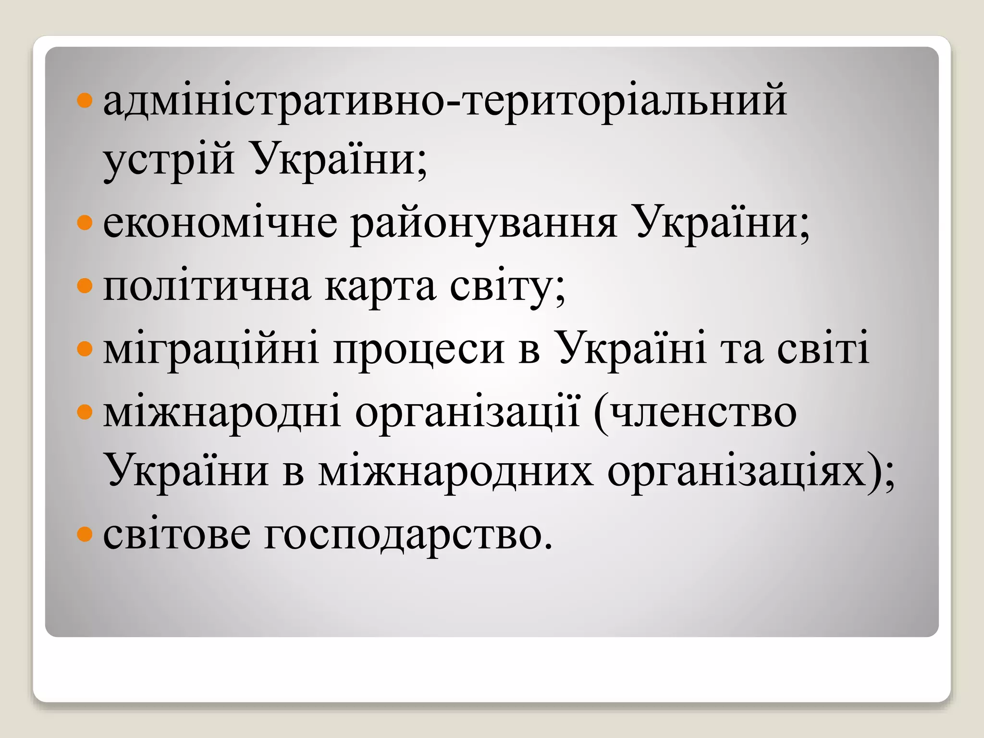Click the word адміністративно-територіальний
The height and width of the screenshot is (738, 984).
(x=444, y=102)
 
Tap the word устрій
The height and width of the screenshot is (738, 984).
(x=169, y=161)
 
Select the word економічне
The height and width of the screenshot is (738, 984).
(x=220, y=224)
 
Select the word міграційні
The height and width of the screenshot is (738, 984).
(x=211, y=350)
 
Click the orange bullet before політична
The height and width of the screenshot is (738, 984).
(x=84, y=287)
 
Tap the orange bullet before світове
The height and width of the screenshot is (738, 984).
(x=84, y=534)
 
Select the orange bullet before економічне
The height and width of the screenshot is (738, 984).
(x=84, y=223)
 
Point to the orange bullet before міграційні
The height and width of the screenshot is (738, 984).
(x=84, y=349)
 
